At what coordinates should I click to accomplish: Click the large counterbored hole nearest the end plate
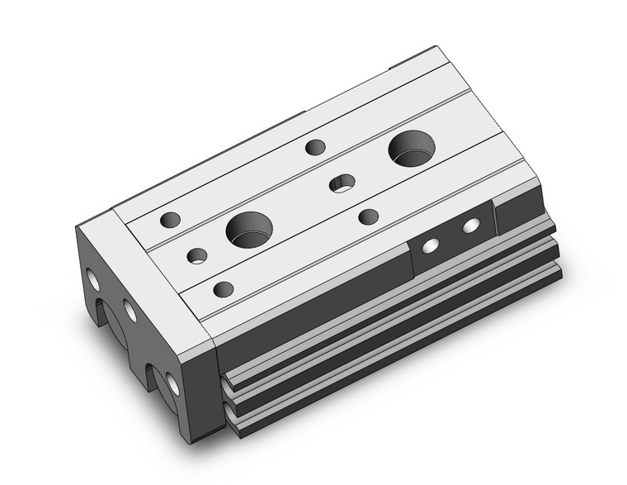tap(248, 229)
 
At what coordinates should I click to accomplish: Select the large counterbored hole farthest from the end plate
tap(412, 149)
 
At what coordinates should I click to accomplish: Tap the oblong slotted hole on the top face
tap(342, 183)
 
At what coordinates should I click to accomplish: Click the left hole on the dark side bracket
tap(430, 245)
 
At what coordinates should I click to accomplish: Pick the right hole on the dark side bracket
tap(470, 225)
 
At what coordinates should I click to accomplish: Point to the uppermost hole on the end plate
tap(94, 280)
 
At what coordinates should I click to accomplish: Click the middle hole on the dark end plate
tap(130, 311)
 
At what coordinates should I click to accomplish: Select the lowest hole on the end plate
tap(172, 382)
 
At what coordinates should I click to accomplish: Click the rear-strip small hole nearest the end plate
tap(170, 219)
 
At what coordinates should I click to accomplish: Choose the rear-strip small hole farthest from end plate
tap(314, 148)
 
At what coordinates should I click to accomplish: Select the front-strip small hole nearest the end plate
tap(223, 289)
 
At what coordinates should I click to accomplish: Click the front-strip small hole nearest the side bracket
tap(368, 216)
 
